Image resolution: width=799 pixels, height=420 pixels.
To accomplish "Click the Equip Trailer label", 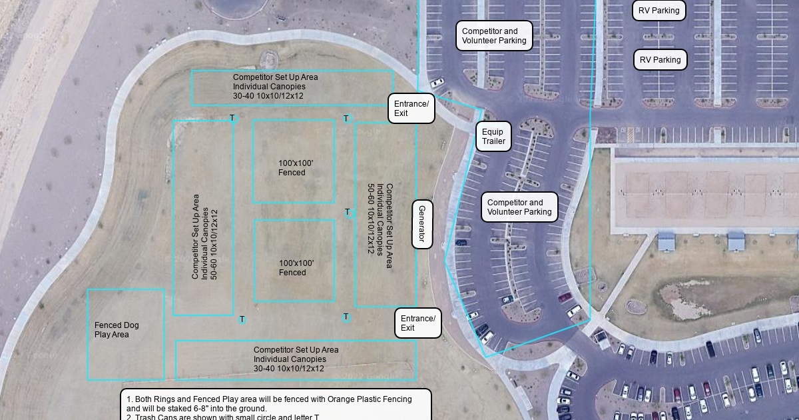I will tap(493, 137).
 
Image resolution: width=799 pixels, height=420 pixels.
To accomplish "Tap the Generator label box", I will tap(422, 224).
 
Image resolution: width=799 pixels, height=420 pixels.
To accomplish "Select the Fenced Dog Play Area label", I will tap(117, 330).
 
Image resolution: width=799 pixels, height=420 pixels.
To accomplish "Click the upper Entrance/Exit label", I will tap(411, 109).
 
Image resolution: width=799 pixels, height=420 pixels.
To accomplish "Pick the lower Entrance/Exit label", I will tap(418, 323).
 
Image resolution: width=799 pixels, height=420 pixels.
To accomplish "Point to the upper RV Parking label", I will tap(659, 11).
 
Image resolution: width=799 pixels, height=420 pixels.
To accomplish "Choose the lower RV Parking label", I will tap(660, 60).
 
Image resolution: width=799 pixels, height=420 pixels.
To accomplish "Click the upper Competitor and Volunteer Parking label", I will tap(494, 36).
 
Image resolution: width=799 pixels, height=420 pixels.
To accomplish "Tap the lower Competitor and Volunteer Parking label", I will tap(519, 207).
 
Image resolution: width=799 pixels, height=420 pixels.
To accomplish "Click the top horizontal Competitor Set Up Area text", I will tap(275, 87).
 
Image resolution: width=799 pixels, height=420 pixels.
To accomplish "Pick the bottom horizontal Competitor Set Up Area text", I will tap(296, 359).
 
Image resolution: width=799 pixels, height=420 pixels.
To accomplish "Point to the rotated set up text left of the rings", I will tap(204, 237).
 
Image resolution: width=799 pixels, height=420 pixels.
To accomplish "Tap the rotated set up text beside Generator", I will tap(380, 220).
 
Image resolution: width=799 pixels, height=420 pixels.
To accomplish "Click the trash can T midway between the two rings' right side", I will tap(348, 213).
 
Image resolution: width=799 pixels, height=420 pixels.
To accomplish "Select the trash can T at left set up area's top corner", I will tap(232, 119).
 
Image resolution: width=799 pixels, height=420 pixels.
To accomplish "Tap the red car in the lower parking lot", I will tap(565, 297).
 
